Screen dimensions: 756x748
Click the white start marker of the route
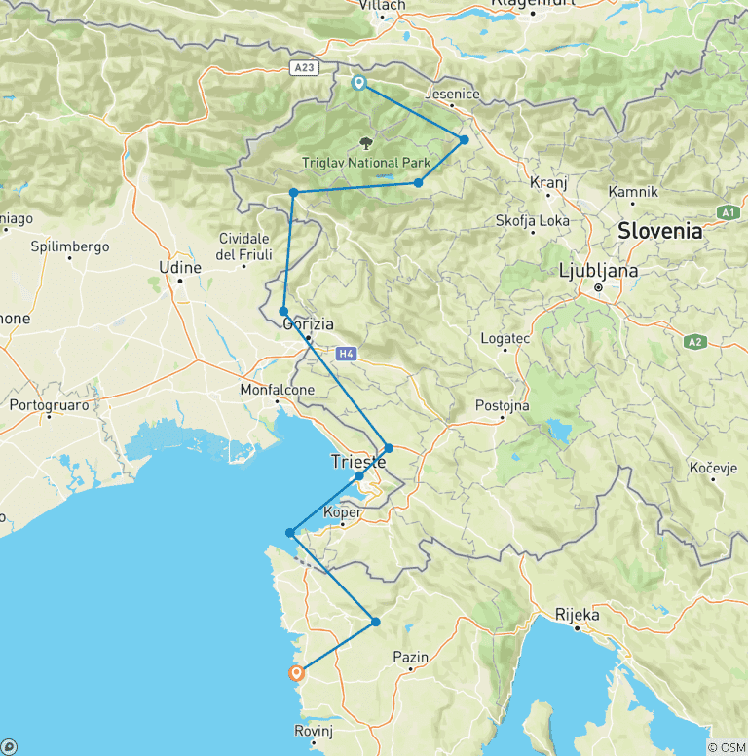pos(359,83)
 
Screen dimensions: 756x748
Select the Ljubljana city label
pos(599,271)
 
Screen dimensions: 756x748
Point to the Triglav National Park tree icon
pos(366,142)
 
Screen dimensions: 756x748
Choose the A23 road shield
pos(306,67)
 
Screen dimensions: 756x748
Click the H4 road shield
pos(348,353)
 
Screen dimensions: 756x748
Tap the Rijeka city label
pos(576,616)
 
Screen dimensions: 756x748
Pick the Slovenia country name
pos(659,231)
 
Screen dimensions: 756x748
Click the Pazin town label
pos(410,659)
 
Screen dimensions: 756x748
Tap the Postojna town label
pos(502,405)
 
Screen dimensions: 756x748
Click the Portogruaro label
pos(49,404)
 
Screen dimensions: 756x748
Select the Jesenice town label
pos(453,94)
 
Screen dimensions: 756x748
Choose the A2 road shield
pos(694,342)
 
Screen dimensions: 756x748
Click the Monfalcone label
pos(277,391)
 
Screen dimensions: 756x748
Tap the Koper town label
pos(342,512)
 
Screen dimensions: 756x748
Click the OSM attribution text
pos(726,747)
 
